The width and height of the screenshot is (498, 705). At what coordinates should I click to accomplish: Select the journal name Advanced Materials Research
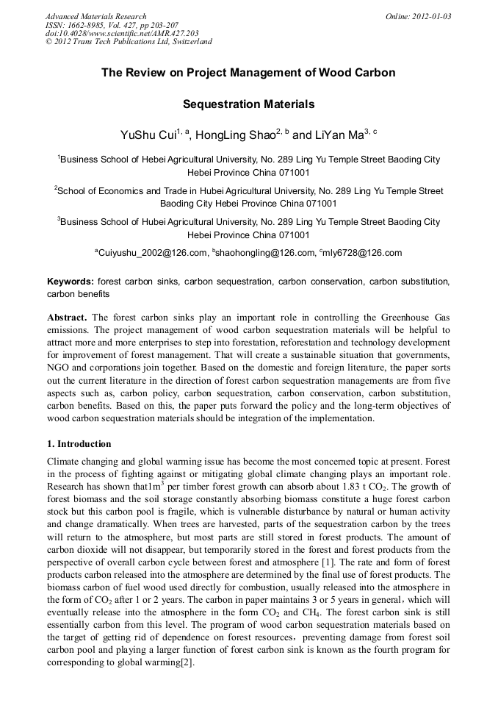pos(96,16)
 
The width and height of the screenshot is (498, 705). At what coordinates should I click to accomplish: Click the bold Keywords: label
pos(71,282)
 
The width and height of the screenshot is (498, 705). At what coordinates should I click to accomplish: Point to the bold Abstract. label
pos(68,318)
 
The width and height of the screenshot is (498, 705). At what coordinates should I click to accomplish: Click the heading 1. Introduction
pos(79,444)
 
